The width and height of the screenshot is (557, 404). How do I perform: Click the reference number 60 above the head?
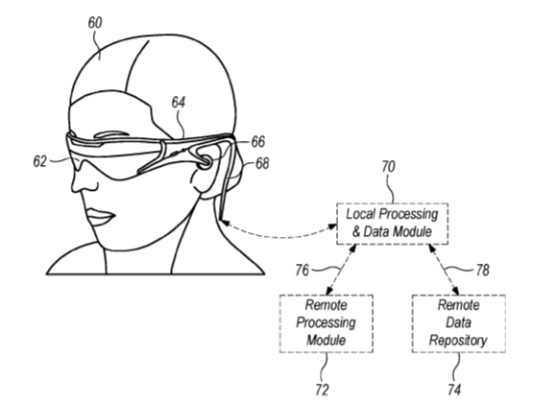(x=95, y=23)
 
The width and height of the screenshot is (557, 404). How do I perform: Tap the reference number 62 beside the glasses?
(x=40, y=161)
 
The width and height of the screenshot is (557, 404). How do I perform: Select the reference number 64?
(x=179, y=103)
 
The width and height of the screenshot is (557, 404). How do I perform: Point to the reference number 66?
(x=258, y=142)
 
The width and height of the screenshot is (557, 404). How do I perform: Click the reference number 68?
(x=262, y=164)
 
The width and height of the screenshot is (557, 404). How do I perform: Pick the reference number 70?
(x=388, y=167)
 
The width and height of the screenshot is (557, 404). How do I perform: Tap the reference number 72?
(x=322, y=390)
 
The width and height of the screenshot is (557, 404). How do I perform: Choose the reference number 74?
(x=454, y=390)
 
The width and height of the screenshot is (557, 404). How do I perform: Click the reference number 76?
(x=303, y=271)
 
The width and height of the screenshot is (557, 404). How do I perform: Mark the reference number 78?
(x=482, y=271)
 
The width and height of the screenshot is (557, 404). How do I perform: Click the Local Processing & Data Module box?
(x=392, y=224)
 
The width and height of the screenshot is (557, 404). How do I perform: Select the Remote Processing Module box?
(x=327, y=323)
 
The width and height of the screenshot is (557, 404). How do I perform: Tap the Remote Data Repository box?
(x=459, y=323)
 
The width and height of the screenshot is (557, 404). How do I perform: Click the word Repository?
(x=458, y=340)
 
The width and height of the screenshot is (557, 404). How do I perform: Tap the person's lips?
(x=101, y=216)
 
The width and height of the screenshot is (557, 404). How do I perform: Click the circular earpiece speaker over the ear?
(x=205, y=162)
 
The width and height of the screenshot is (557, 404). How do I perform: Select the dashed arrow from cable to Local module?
(x=278, y=235)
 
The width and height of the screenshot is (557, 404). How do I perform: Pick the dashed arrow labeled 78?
(x=444, y=270)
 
